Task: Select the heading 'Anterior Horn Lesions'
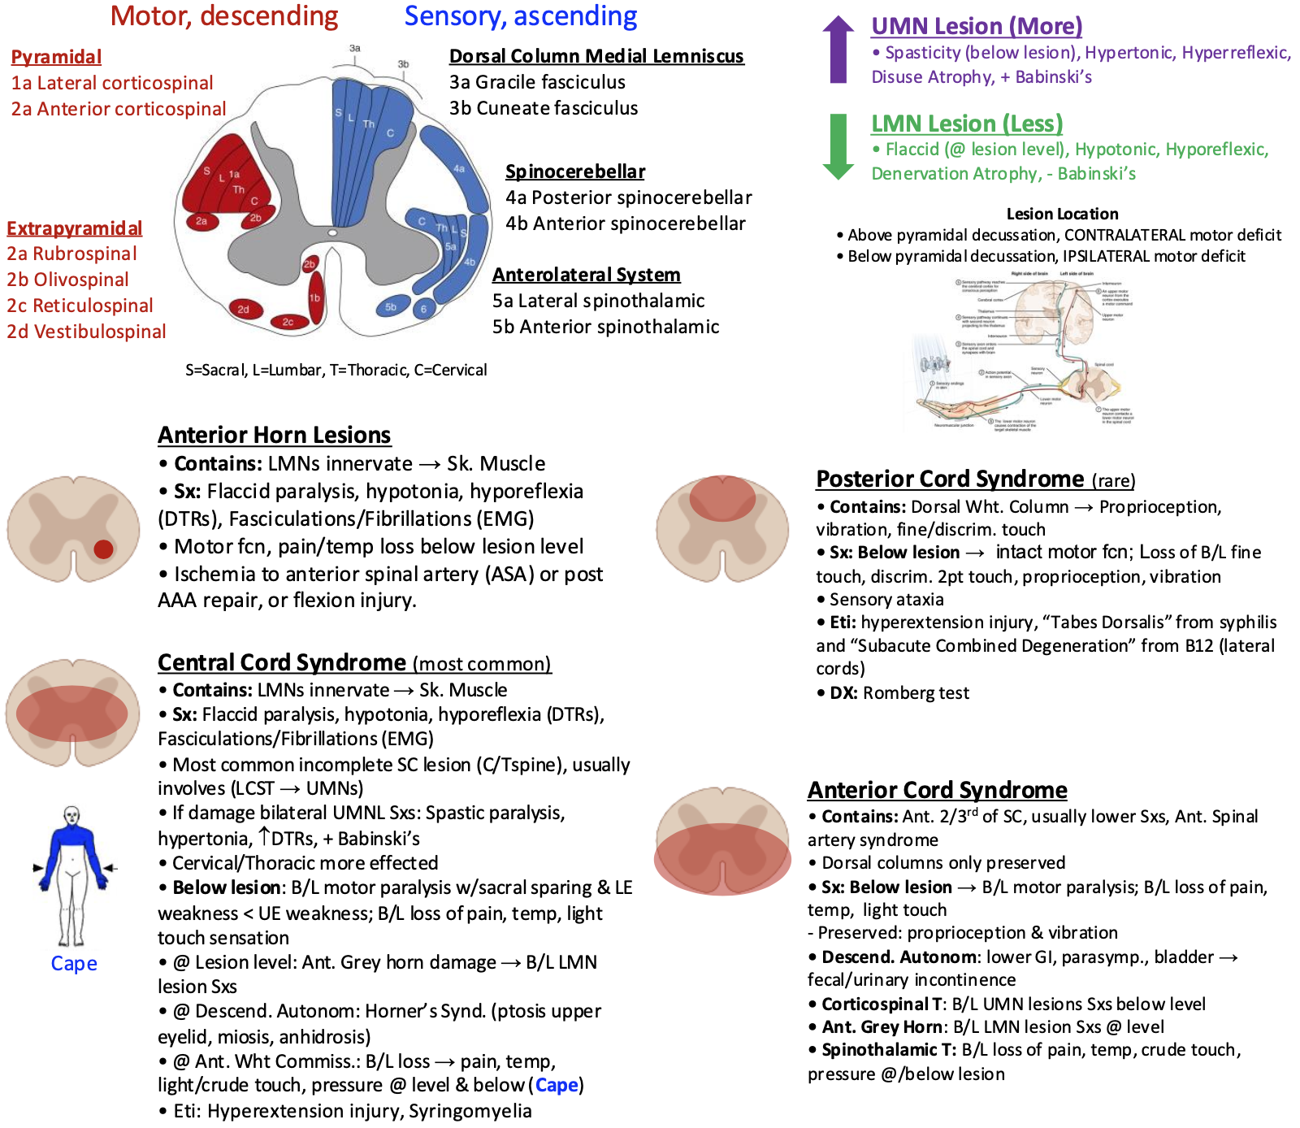274,435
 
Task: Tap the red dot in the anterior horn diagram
103,549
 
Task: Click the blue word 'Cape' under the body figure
74,963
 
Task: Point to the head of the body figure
72,815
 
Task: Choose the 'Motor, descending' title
224,16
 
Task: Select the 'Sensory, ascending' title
521,16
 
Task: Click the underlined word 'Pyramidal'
56,57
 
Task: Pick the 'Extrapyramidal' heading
74,228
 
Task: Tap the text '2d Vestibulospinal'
86,332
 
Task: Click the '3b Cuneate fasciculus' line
544,108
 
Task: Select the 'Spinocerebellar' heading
575,171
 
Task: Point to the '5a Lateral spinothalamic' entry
598,301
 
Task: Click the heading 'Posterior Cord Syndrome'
950,479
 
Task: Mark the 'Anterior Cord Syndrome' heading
937,790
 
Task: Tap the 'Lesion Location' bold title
1062,214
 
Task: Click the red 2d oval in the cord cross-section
244,309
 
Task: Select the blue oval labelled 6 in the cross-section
423,309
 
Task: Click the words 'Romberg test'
916,693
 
